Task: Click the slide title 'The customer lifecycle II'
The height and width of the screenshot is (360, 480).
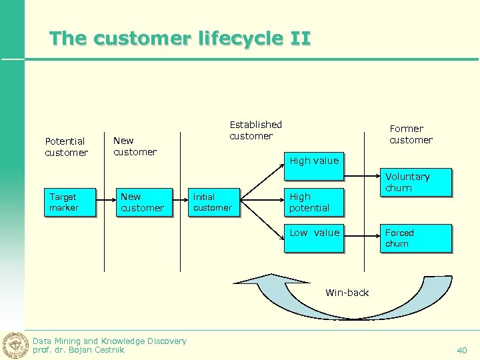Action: tap(180, 39)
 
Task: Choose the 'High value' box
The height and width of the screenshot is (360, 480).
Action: tap(314, 167)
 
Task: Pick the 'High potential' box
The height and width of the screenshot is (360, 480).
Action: tap(314, 203)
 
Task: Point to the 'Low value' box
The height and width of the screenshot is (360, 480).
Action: tap(314, 239)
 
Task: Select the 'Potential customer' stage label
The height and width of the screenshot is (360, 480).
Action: tap(66, 147)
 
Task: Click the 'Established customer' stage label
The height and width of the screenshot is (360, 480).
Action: tap(255, 130)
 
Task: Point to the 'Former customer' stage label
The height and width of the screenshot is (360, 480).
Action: tap(411, 134)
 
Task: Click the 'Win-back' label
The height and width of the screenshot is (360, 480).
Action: tap(347, 293)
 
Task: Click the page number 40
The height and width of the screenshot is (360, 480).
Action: tap(462, 350)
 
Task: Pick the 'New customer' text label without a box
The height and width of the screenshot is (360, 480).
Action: tap(135, 146)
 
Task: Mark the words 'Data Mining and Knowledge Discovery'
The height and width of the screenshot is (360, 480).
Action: tap(109, 341)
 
